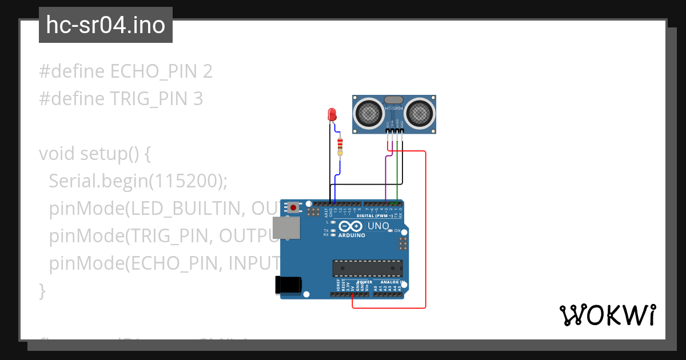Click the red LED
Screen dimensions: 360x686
(332, 114)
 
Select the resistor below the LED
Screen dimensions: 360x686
(340, 146)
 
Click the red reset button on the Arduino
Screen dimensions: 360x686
(294, 207)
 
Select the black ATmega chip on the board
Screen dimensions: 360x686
(368, 268)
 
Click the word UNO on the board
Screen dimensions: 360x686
(378, 226)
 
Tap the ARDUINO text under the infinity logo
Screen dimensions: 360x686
(352, 235)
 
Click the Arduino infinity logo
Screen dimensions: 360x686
(350, 226)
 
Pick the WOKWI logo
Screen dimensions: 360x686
(607, 315)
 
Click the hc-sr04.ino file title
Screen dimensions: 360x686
(106, 25)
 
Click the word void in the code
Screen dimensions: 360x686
(57, 154)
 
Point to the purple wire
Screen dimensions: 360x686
(386, 177)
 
